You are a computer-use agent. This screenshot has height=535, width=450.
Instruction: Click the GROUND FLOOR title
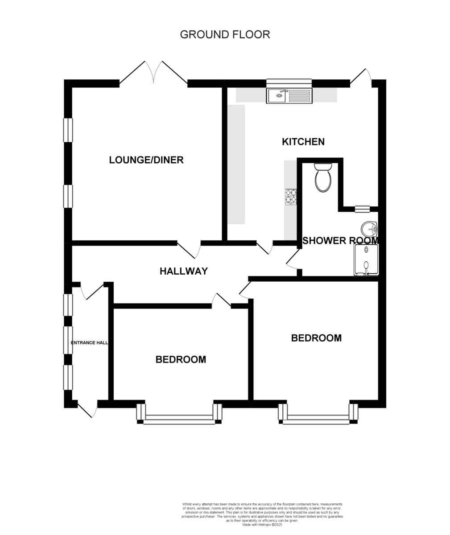pyautogui.click(x=225, y=34)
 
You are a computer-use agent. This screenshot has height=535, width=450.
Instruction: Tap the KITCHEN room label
pyautogui.click(x=303, y=142)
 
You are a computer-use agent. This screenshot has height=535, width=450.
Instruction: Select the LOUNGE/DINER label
pyautogui.click(x=146, y=160)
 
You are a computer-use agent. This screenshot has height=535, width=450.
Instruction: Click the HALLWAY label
pyautogui.click(x=184, y=271)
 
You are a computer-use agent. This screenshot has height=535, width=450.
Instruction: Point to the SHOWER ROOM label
pyautogui.click(x=340, y=241)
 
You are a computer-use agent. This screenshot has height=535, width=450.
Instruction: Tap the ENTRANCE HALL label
pyautogui.click(x=90, y=343)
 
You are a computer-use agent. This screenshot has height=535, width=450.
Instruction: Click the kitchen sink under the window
pyautogui.click(x=289, y=95)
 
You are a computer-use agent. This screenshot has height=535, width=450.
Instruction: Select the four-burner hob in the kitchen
pyautogui.click(x=291, y=197)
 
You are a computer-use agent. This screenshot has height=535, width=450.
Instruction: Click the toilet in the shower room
pyautogui.click(x=323, y=178)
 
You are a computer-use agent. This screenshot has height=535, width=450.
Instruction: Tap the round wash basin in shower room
pyautogui.click(x=370, y=230)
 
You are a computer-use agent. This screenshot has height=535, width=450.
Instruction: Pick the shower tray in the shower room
pyautogui.click(x=366, y=261)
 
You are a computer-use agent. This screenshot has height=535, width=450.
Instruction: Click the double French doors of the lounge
pyautogui.click(x=153, y=73)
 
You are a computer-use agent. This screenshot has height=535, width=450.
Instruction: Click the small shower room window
pyautogui.click(x=362, y=208)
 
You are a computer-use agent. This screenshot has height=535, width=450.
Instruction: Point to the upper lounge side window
pyautogui.click(x=68, y=130)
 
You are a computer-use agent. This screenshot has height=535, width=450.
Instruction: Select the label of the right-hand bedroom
pyautogui.click(x=316, y=338)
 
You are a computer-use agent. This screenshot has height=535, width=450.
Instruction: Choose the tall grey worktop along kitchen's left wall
pyautogui.click(x=236, y=165)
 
